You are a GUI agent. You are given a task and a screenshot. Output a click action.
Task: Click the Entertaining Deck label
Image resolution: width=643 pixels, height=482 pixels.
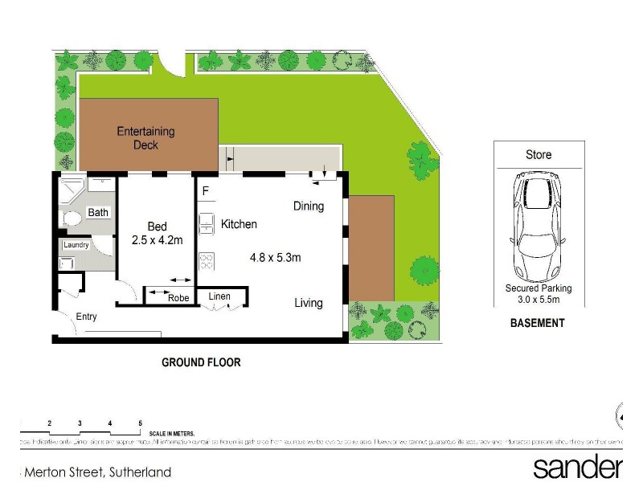click(x=145, y=138)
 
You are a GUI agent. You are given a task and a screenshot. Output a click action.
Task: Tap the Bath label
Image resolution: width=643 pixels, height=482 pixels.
click(x=98, y=213)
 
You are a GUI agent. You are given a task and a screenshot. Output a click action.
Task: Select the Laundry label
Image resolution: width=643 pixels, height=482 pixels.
click(x=76, y=244)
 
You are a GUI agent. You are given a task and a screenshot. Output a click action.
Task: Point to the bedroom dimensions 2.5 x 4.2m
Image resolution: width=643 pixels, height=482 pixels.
click(x=158, y=240)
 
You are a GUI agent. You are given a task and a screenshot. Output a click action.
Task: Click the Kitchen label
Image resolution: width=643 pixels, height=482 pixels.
click(x=239, y=224)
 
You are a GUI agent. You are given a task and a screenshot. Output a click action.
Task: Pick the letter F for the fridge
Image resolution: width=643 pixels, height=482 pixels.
click(x=206, y=191)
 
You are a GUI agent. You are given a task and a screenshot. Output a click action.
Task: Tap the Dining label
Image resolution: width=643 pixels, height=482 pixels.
click(x=309, y=206)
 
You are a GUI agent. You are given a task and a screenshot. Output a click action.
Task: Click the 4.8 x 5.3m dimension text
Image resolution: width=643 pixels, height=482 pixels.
click(x=275, y=258)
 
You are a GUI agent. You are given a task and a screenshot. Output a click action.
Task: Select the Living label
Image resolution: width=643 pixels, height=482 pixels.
click(x=309, y=303)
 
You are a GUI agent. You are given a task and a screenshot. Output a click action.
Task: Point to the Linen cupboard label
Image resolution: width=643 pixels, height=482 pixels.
click(x=219, y=296)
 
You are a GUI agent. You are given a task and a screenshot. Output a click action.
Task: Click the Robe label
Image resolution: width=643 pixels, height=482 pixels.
click(x=178, y=298)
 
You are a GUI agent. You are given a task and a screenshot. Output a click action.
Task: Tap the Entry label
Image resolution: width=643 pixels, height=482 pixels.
click(x=86, y=317)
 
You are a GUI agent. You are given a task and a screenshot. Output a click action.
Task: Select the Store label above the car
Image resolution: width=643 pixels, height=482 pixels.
click(x=539, y=154)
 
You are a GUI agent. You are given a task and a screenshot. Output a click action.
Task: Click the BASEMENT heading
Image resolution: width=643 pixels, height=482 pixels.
click(x=538, y=323)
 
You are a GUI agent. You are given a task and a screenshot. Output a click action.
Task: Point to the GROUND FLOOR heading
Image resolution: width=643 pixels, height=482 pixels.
click(x=201, y=362)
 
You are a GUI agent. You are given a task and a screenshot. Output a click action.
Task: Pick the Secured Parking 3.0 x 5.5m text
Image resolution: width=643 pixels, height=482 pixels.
click(x=538, y=293)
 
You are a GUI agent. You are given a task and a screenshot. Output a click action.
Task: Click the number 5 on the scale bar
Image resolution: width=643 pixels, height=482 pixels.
click(x=141, y=423)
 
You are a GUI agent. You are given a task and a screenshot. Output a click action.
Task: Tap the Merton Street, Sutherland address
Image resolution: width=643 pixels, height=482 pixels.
click(x=96, y=472)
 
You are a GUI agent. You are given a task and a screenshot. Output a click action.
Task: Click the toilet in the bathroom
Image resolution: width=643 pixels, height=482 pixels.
click(x=70, y=218)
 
